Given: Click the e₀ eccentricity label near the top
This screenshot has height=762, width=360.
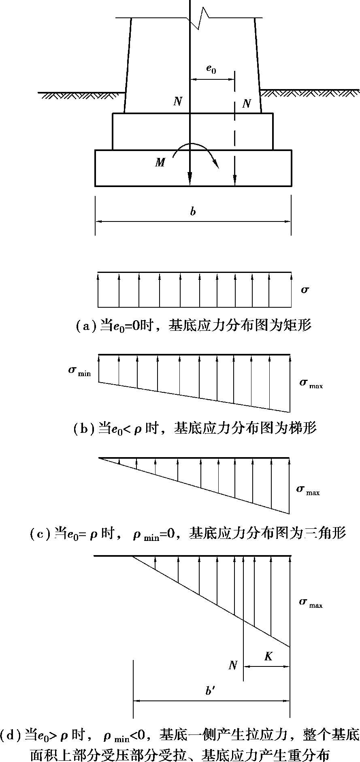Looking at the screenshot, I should click(x=211, y=69).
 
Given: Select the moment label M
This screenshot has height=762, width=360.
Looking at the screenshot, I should click(x=160, y=162).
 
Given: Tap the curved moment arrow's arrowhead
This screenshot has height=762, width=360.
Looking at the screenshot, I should click(x=217, y=165).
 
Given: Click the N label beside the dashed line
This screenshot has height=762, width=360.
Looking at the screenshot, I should click(x=246, y=104).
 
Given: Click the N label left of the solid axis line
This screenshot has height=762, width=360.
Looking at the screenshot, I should click(x=177, y=101).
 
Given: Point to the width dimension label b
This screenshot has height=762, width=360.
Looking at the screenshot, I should click(x=193, y=211).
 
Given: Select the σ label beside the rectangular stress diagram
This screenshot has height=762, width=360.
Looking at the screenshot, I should click(x=305, y=289).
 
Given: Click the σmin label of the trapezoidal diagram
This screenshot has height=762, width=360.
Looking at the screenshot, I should click(x=79, y=371).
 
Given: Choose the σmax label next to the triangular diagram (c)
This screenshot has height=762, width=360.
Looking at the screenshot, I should click(x=308, y=490).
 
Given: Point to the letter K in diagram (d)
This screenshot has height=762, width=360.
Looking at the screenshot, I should click(x=268, y=656).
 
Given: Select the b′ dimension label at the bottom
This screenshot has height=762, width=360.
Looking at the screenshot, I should click(x=209, y=691).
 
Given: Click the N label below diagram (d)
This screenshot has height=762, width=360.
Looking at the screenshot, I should click(x=233, y=665).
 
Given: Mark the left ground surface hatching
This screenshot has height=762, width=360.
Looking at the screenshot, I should click(x=81, y=96).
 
